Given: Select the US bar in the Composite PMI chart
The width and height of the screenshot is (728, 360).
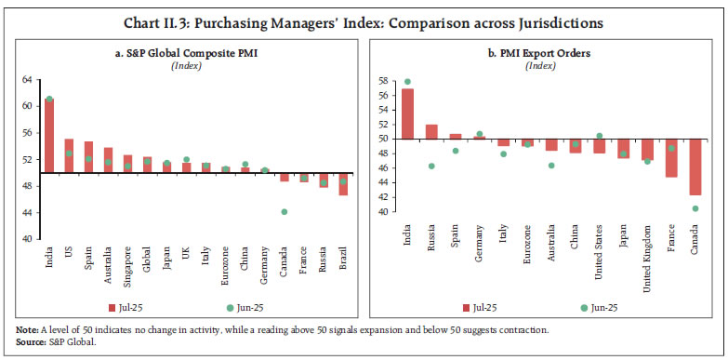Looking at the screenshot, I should [69, 156].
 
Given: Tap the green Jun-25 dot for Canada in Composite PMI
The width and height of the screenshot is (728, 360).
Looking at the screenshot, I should [285, 212].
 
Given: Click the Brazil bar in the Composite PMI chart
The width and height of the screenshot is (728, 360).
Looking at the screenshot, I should [343, 184].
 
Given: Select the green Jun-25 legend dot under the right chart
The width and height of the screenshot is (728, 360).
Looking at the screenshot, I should [584, 306].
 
